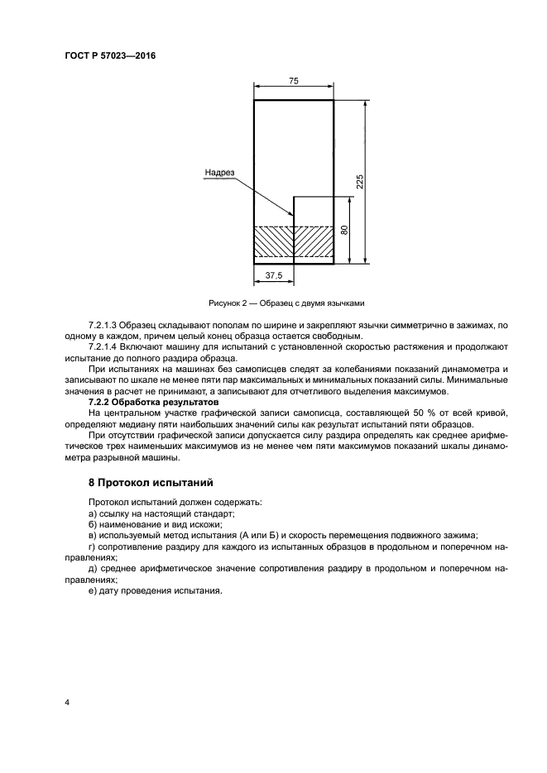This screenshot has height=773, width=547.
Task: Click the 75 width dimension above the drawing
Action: coord(293,80)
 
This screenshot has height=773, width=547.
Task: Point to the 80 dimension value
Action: coord(344,231)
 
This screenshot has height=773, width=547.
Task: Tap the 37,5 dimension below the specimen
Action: coord(273,276)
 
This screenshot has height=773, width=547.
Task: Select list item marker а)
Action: coord(93,513)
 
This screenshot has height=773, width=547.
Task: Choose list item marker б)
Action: coord(93,524)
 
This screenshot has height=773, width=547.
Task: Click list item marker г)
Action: coord(92,546)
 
